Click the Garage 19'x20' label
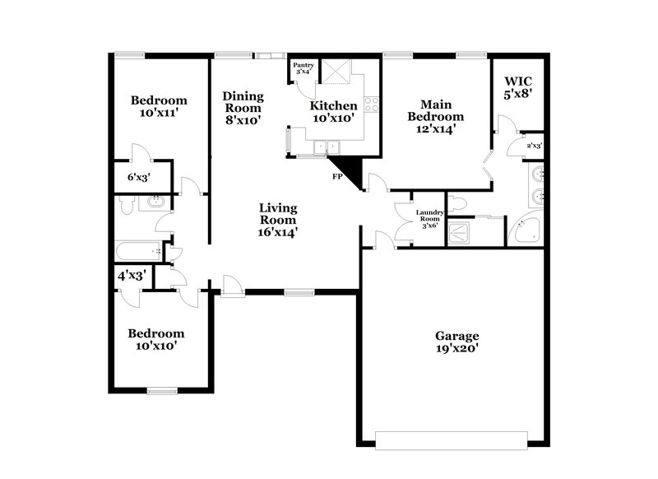pyautogui.click(x=457, y=342)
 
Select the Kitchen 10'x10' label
pyautogui.click(x=333, y=112)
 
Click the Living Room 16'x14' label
pyautogui.click(x=278, y=220)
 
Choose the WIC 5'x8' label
pyautogui.click(x=518, y=88)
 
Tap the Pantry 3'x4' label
pyautogui.click(x=303, y=67)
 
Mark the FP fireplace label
pyautogui.click(x=336, y=176)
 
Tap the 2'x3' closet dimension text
pyautogui.click(x=535, y=146)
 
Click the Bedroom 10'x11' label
pyautogui.click(x=160, y=107)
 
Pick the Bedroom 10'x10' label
pyautogui.click(x=155, y=340)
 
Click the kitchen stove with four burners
pyautogui.click(x=372, y=105)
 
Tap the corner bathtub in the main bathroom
pyautogui.click(x=525, y=229)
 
